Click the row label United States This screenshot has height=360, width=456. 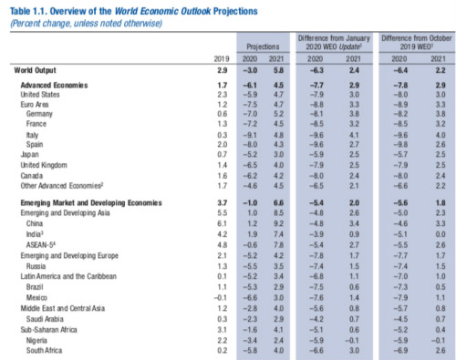[x=40, y=93]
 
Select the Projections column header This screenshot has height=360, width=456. [x=264, y=44]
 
